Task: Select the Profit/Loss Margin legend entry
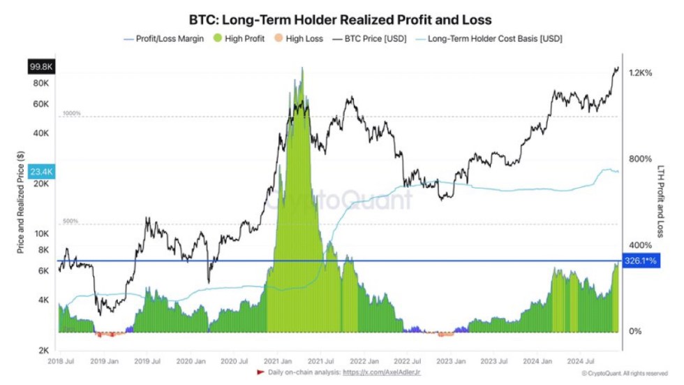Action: pos(165,38)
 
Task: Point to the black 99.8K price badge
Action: pos(40,66)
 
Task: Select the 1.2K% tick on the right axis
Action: pos(640,73)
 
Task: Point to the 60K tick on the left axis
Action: pos(40,104)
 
